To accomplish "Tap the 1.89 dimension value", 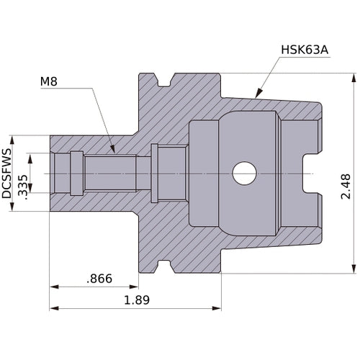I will point(137,300).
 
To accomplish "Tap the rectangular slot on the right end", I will point(312,174).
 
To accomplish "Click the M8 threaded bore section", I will point(108,174).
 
